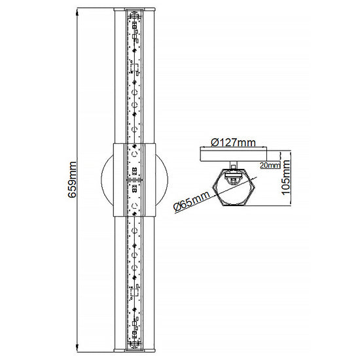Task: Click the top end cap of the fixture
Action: [135, 10]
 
